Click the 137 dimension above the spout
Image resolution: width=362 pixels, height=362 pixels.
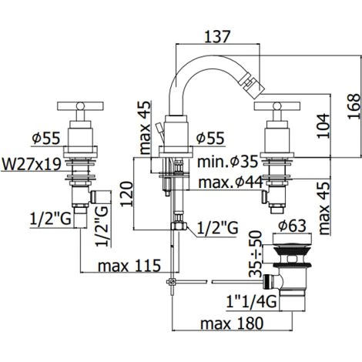(x=217, y=36)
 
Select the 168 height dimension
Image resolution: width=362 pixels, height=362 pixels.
(x=354, y=106)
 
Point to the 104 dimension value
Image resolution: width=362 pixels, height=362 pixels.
(x=323, y=126)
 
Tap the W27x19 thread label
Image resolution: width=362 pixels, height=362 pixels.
(x=32, y=164)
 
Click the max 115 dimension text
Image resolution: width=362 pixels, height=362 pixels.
(x=129, y=266)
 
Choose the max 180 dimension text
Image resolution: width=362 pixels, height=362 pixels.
(x=232, y=323)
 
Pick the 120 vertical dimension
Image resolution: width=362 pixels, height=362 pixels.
(x=127, y=194)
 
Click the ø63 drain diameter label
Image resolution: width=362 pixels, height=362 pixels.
(x=293, y=226)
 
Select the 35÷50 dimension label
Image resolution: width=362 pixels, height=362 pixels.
(x=256, y=253)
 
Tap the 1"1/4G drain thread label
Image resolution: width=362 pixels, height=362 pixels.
(x=251, y=301)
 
